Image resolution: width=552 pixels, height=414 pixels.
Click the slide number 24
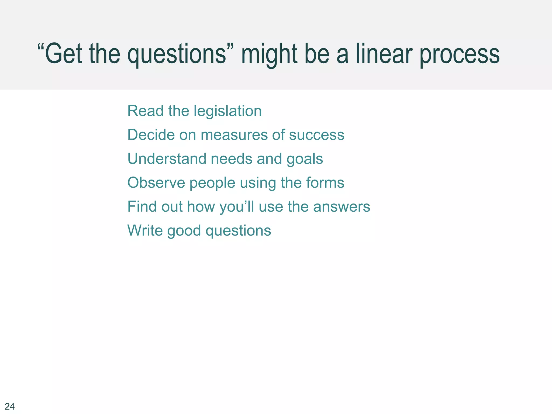click(x=10, y=406)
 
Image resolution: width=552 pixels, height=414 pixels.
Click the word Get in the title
click(x=63, y=54)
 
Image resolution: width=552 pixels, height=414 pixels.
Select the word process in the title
click(x=460, y=55)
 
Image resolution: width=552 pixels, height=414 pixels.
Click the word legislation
click(x=227, y=111)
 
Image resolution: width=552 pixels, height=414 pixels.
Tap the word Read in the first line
click(x=145, y=111)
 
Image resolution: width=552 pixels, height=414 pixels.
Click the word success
click(x=317, y=135)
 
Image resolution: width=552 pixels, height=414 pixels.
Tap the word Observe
click(x=156, y=183)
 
